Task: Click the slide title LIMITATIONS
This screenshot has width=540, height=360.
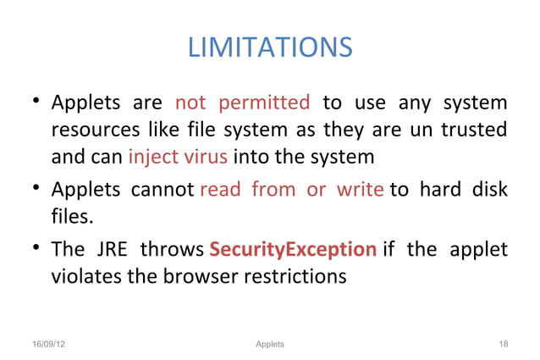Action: tap(269, 47)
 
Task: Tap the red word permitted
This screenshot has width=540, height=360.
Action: tap(264, 104)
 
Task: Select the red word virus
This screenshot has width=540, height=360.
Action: tap(206, 158)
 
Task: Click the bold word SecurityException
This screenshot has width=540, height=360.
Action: tap(293, 249)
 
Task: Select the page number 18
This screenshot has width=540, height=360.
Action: tap(504, 344)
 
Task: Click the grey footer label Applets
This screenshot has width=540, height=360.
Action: tap(269, 344)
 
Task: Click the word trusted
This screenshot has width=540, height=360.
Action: tap(474, 131)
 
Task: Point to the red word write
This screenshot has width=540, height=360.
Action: tap(361, 189)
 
